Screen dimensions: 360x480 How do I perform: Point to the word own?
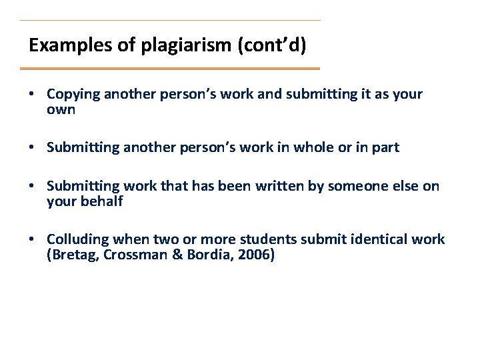point(61,109)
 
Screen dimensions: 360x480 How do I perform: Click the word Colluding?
point(79,239)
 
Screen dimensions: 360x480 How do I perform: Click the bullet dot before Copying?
point(32,94)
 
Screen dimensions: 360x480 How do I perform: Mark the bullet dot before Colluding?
point(32,239)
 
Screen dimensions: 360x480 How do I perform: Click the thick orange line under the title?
point(170,68)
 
